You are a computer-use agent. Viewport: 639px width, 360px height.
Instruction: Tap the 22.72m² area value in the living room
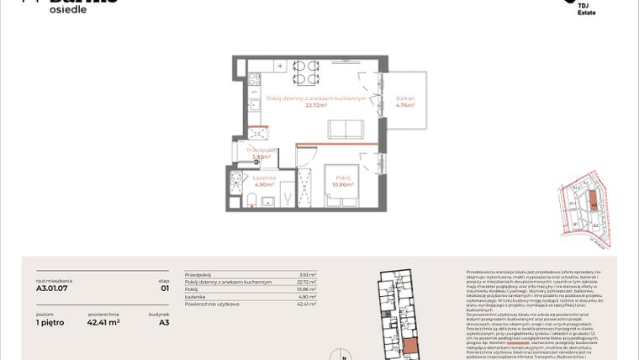click(x=315, y=107)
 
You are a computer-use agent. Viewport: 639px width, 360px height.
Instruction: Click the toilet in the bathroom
click(x=251, y=198)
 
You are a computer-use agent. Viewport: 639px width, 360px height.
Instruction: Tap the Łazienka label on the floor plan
click(x=265, y=178)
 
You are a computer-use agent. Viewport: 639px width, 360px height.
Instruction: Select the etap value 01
click(x=165, y=287)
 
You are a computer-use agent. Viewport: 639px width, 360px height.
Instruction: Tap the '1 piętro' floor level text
click(x=50, y=321)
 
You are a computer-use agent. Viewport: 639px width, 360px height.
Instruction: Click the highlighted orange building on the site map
click(x=593, y=203)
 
